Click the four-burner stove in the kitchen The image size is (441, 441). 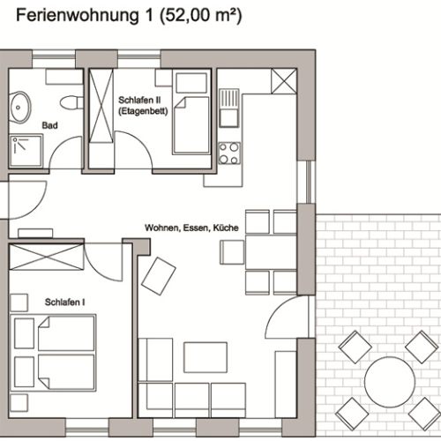[x=228, y=153]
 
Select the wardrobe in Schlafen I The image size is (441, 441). [x=50, y=262]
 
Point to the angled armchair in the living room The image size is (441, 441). [x=159, y=276]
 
